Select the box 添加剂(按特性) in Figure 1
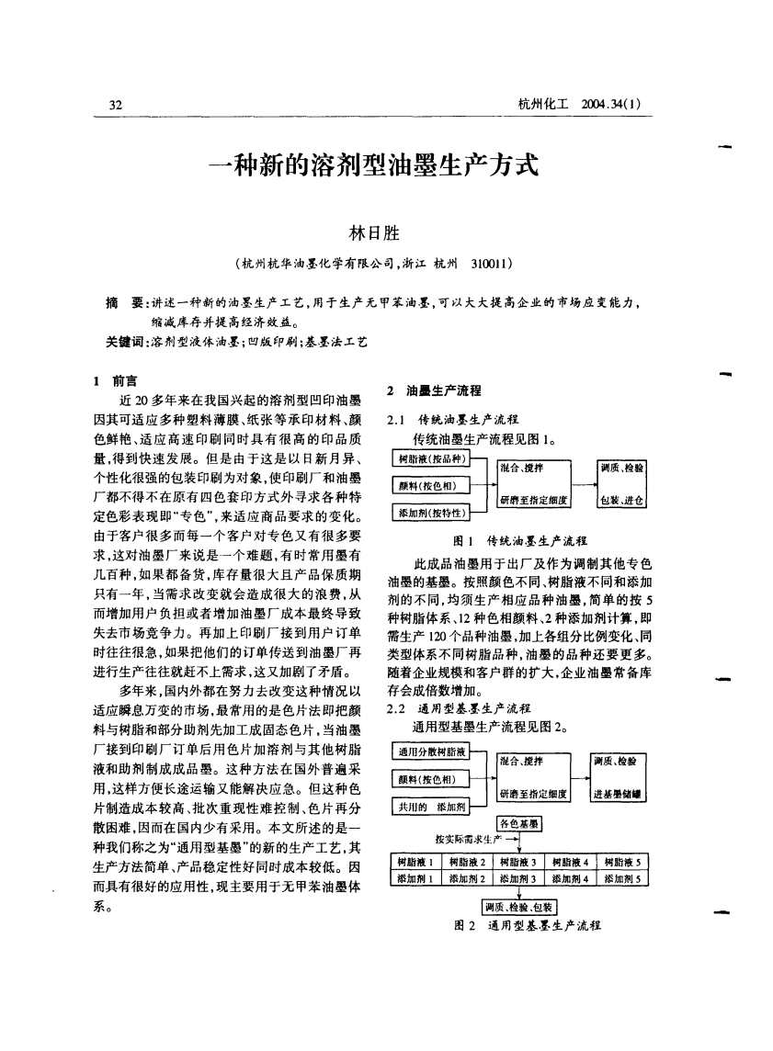431,512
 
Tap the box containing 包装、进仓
620,501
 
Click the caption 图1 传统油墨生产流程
520,540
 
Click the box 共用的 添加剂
430,807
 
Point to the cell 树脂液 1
417,861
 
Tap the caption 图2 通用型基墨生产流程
520,925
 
